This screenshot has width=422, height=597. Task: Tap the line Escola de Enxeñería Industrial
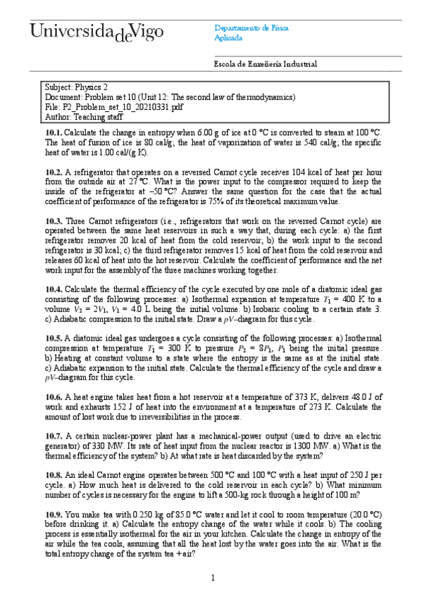(x=265, y=64)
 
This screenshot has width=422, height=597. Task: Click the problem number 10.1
(x=54, y=132)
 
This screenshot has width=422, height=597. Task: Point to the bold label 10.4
(x=54, y=289)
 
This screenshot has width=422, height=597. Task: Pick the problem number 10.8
(x=54, y=475)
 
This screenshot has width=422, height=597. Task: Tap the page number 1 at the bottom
(x=212, y=578)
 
